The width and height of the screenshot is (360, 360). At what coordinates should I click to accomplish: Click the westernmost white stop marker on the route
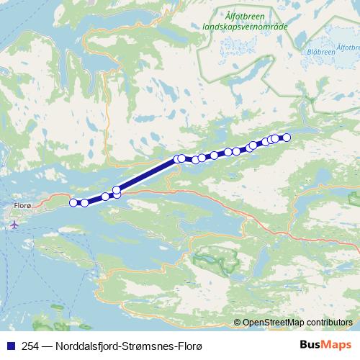(x=73, y=202)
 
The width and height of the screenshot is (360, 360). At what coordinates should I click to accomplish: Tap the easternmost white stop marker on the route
(x=286, y=137)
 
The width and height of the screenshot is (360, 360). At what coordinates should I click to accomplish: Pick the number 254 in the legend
(x=32, y=346)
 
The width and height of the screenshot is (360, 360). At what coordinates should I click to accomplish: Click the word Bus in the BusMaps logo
(x=311, y=345)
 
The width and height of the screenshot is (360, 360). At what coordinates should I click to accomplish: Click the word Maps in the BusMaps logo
(x=337, y=345)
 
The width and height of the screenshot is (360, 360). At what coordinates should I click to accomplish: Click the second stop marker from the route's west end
(x=84, y=203)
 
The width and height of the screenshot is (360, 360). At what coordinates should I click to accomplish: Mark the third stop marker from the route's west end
(x=106, y=197)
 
